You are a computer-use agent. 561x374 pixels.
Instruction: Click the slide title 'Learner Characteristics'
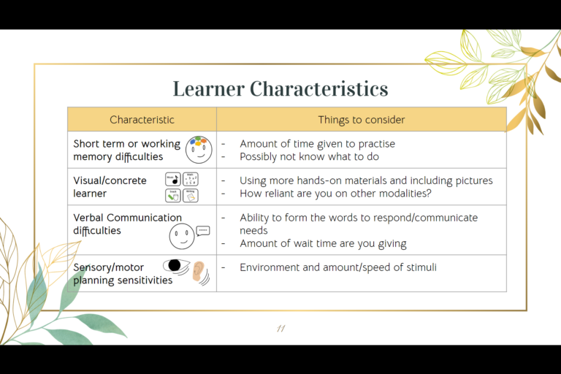[x=280, y=88]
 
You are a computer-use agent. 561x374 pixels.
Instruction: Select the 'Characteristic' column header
[x=142, y=120]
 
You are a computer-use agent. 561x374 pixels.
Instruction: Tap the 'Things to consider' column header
[x=361, y=120]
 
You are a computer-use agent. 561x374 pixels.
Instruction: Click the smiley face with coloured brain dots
[x=198, y=149]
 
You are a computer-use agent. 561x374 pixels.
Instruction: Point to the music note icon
[x=172, y=179]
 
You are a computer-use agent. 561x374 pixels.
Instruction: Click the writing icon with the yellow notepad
[x=191, y=196]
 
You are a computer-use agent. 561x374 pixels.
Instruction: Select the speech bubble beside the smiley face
[x=203, y=231]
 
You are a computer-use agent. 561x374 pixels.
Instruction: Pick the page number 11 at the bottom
[x=280, y=328]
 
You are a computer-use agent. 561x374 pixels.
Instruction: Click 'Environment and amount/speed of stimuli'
[x=337, y=267]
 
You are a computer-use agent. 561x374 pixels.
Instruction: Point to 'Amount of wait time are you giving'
[x=323, y=243]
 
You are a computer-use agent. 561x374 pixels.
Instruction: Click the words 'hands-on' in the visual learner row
[x=321, y=180]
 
